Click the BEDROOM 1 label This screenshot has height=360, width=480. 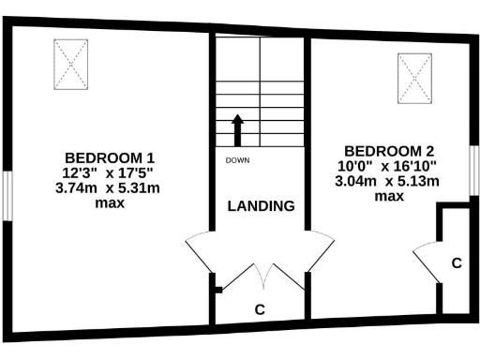coord(109,157)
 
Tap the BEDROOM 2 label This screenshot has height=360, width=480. coord(388,151)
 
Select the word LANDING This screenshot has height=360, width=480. coord(262,206)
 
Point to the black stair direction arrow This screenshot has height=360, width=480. coord(237,129)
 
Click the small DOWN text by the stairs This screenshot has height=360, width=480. coord(236,160)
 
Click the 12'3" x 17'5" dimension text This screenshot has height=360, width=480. coord(109,172)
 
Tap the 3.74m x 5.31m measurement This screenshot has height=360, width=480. coord(109,187)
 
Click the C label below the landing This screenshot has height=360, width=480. coord(260,307)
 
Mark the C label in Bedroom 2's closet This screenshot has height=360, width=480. coord(456,263)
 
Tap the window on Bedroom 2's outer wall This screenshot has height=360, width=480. coord(473,173)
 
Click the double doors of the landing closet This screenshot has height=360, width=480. coord(261,277)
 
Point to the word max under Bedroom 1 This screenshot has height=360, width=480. coord(109,202)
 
